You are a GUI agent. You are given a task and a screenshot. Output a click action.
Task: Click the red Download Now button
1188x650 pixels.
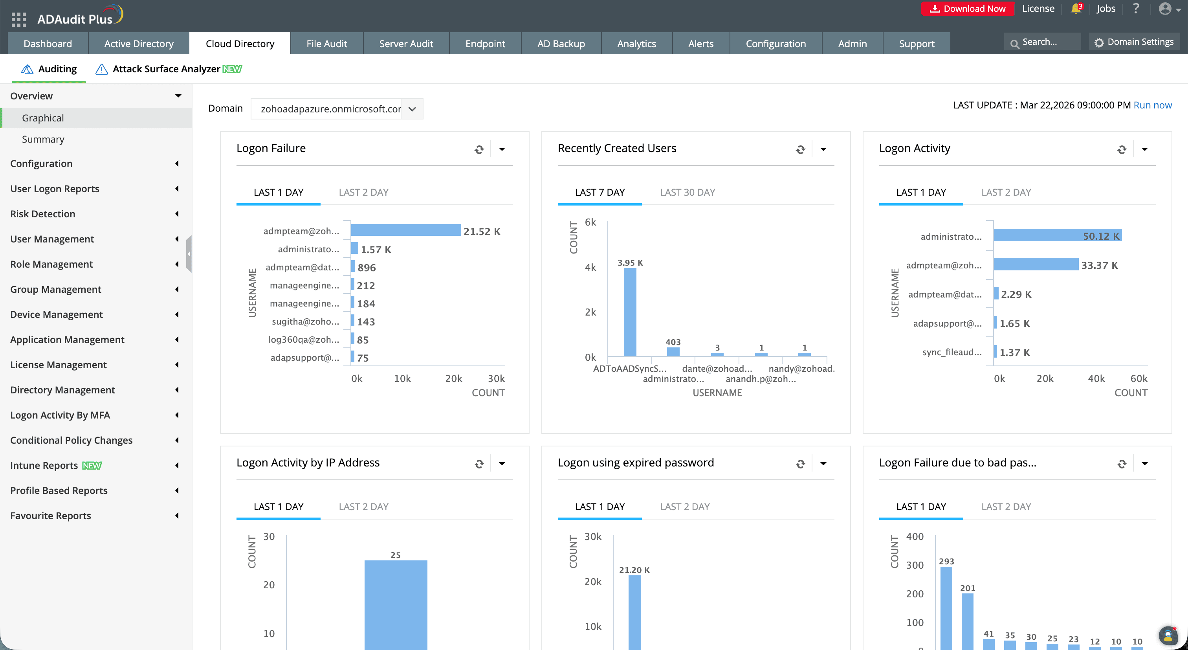pyautogui.click(x=967, y=9)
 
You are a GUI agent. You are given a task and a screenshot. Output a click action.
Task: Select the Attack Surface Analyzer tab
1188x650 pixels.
pyautogui.click(x=166, y=69)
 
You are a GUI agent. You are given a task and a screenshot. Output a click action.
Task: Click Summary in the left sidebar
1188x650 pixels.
pyautogui.click(x=43, y=140)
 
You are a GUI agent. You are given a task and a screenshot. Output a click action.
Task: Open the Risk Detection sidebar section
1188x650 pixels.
pyautogui.click(x=43, y=214)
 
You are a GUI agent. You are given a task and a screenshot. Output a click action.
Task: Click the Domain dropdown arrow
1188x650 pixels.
pyautogui.click(x=412, y=109)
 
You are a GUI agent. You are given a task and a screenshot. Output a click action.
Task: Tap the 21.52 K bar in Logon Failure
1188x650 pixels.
pyautogui.click(x=405, y=230)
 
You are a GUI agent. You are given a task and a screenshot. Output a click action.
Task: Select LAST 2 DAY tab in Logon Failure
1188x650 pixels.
pyautogui.click(x=363, y=193)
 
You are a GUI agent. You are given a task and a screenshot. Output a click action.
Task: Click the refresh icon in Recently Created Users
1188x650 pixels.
pyautogui.click(x=800, y=149)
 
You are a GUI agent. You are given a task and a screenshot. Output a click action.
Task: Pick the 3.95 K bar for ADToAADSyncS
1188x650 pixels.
pyautogui.click(x=629, y=312)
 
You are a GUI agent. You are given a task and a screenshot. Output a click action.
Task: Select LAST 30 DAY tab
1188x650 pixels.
pyautogui.click(x=687, y=193)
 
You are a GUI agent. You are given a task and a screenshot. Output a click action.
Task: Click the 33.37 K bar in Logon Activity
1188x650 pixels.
pyautogui.click(x=1035, y=264)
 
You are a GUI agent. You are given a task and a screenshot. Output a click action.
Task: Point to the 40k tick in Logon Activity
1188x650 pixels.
pyautogui.click(x=1096, y=379)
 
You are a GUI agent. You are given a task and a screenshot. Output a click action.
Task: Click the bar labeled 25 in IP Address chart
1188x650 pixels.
pyautogui.click(x=396, y=604)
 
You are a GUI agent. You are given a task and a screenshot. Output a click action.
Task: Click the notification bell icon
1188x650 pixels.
pyautogui.click(x=1075, y=9)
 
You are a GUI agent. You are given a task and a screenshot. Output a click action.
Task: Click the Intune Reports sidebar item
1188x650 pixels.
pyautogui.click(x=44, y=465)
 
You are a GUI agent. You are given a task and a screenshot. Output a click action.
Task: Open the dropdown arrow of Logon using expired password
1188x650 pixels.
pyautogui.click(x=823, y=464)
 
